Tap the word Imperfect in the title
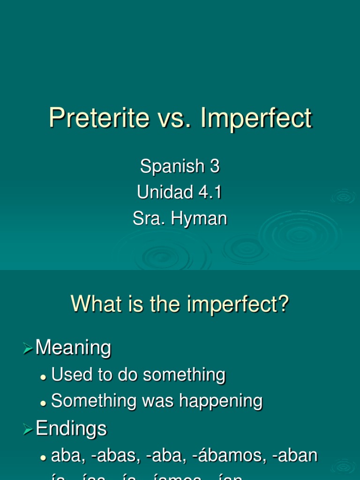(x=256, y=118)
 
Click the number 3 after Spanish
(x=215, y=166)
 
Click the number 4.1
(x=210, y=192)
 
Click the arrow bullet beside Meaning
(x=29, y=348)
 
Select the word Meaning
(x=74, y=348)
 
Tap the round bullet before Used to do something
(x=44, y=376)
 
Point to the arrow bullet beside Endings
(x=29, y=429)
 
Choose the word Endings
(x=71, y=428)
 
